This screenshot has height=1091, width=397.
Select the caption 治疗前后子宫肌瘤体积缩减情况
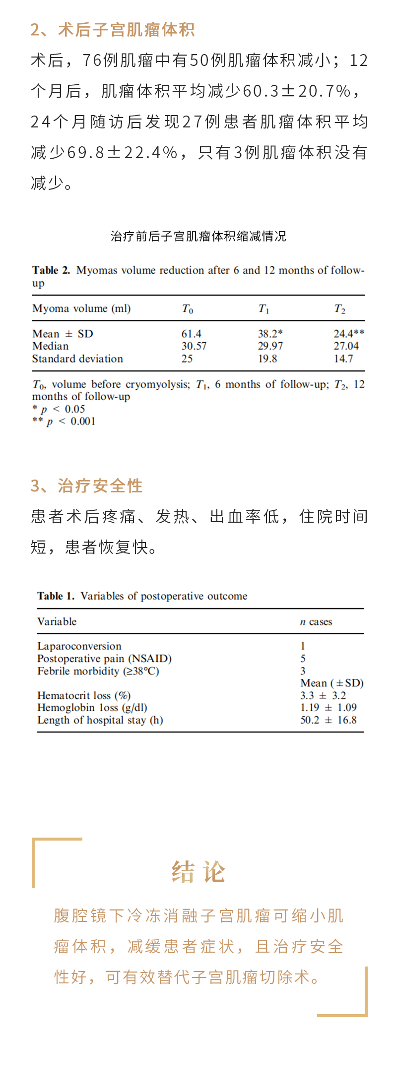(198, 236)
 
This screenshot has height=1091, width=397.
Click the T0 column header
(187, 309)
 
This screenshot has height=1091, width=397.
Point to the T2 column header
(339, 309)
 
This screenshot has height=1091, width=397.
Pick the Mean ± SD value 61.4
(191, 334)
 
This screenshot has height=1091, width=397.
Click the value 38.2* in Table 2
(270, 334)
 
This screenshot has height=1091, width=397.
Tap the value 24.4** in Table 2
(348, 334)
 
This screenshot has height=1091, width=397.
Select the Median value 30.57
(194, 346)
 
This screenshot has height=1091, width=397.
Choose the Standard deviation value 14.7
(343, 359)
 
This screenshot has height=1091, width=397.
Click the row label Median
(50, 346)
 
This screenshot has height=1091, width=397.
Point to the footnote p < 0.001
(64, 422)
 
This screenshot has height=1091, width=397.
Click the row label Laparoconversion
(79, 646)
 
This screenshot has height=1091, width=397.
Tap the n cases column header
(316, 622)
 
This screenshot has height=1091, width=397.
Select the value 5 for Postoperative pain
(303, 659)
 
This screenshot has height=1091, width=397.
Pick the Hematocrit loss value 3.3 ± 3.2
(323, 696)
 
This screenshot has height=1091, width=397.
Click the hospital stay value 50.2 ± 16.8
(329, 720)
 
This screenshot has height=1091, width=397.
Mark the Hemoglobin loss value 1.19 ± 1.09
(329, 708)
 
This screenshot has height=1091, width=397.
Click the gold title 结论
(198, 872)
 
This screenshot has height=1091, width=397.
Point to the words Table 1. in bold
(56, 596)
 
